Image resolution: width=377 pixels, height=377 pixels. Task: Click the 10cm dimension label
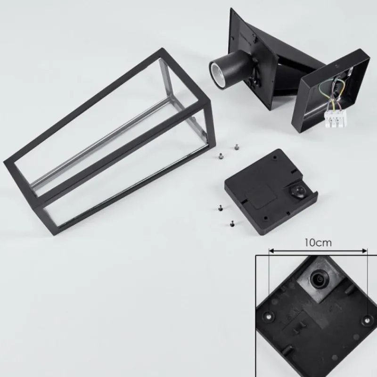pyautogui.click(x=318, y=243)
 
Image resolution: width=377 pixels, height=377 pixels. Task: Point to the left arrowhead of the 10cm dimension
pyautogui.click(x=271, y=251)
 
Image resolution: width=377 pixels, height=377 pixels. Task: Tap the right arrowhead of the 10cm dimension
pyautogui.click(x=365, y=251)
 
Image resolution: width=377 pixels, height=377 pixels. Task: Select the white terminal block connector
pyautogui.click(x=336, y=118)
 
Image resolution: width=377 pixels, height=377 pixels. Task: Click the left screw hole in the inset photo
pyautogui.click(x=268, y=315)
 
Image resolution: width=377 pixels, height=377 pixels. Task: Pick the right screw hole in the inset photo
pyautogui.click(x=367, y=320)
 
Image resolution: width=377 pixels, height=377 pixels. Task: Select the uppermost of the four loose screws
pyautogui.click(x=237, y=147)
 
